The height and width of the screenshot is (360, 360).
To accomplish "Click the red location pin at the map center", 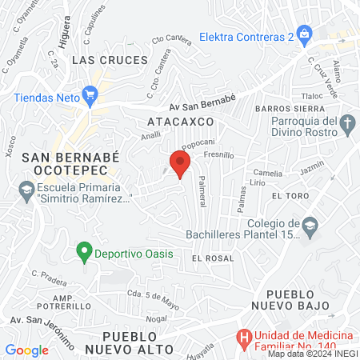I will coord(180,164).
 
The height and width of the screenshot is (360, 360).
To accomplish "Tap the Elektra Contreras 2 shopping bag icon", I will coord(304,34).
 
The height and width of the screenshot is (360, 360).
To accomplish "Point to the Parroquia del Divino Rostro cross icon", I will coord(346,124).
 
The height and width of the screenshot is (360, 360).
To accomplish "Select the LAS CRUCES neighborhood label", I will coord(110,60).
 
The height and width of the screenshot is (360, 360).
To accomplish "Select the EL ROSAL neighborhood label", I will coord(213,258).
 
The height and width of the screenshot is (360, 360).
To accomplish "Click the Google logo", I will coord(26,350).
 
